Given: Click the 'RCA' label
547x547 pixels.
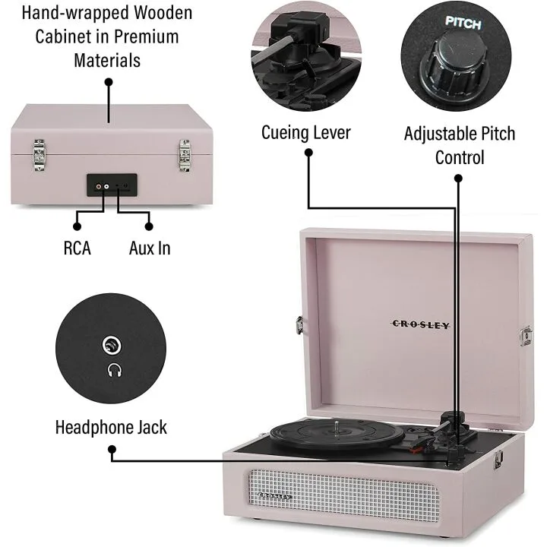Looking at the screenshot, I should click(77, 248).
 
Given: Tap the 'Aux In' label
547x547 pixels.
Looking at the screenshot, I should click(150, 248).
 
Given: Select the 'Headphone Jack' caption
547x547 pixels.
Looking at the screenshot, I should click(111, 427).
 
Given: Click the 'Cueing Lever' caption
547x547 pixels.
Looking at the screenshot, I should click(306, 133).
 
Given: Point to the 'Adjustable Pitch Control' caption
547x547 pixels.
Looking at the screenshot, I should click(459, 145).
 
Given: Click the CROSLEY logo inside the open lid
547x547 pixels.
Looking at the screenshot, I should click(421, 324).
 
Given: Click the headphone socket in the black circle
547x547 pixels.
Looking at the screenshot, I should click(112, 347).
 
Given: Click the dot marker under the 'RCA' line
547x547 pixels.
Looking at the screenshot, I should click(77, 226).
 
